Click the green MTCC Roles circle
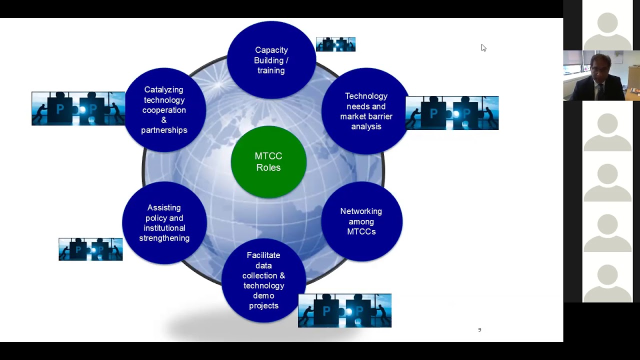268,161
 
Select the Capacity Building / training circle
271,60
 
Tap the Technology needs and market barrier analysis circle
365,111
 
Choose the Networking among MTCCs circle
361,221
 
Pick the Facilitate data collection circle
263,280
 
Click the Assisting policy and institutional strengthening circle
164,222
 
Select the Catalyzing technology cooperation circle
164,109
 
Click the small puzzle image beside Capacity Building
335,44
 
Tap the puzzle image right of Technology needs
452,113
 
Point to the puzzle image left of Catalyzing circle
78,108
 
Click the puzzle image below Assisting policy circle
90,249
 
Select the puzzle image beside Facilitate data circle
344,310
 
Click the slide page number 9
479,330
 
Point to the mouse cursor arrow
483,47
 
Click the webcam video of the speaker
601,75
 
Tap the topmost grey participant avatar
607,25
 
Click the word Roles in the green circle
268,167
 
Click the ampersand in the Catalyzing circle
164,120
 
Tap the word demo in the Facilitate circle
263,295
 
